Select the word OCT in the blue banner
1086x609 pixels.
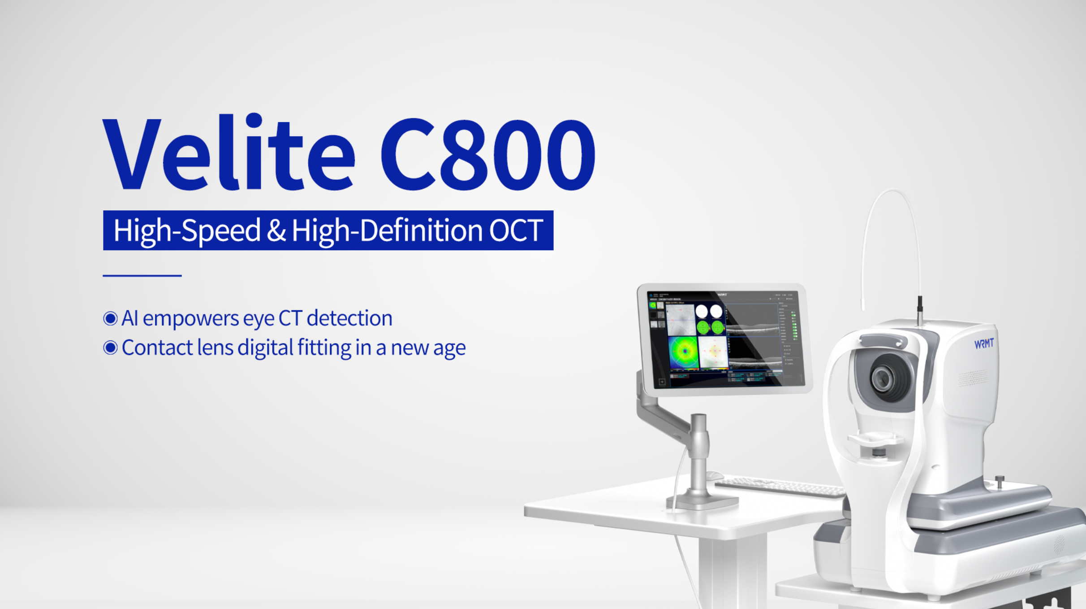(x=515, y=231)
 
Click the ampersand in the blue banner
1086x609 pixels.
(x=276, y=231)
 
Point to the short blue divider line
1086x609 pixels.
(x=142, y=275)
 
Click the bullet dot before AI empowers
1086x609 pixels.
(x=110, y=318)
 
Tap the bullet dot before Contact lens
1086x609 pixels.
(x=110, y=348)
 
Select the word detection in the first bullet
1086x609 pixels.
(x=349, y=318)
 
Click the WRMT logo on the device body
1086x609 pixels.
(x=984, y=344)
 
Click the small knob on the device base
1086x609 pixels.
(x=1000, y=482)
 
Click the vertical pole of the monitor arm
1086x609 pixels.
(x=698, y=453)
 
